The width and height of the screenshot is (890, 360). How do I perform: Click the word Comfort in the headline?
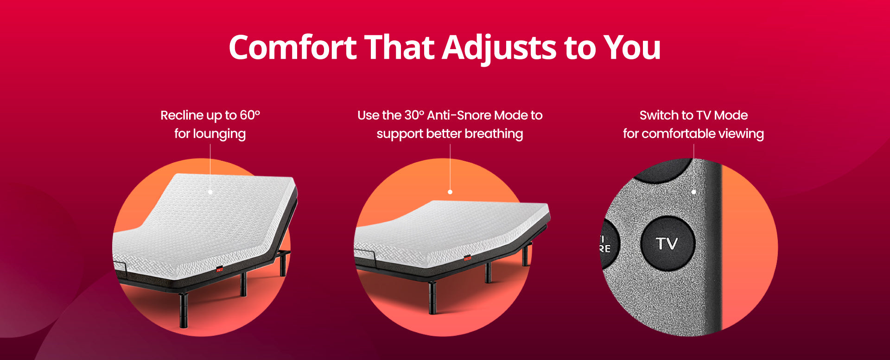tap(292, 47)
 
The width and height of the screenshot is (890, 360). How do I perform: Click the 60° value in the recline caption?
tap(250, 115)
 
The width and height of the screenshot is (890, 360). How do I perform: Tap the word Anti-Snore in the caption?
tap(459, 115)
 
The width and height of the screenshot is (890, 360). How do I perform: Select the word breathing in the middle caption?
tap(494, 134)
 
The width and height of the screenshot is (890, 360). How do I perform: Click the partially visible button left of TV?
tap(609, 244)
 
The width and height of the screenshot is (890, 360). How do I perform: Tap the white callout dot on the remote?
tap(693, 191)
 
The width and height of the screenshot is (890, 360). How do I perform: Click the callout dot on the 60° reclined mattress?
tap(210, 191)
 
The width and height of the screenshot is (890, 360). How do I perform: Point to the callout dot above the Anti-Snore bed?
tap(450, 191)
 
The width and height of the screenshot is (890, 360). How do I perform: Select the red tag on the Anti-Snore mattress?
tap(467, 258)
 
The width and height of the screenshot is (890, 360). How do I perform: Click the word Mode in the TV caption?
tap(731, 115)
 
